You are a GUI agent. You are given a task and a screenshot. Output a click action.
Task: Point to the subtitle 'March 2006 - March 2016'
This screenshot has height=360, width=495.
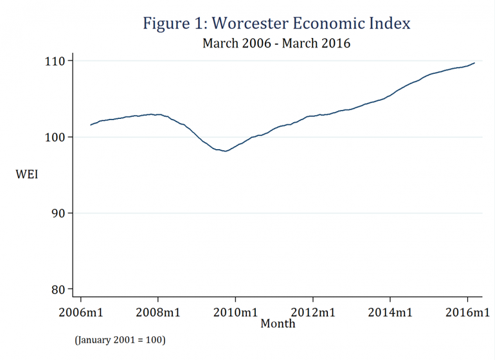pyautogui.click(x=276, y=44)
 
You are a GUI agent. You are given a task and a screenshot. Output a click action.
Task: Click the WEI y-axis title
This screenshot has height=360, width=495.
pyautogui.click(x=28, y=174)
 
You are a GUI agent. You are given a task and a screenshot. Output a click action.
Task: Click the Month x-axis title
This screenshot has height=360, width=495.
pyautogui.click(x=278, y=323)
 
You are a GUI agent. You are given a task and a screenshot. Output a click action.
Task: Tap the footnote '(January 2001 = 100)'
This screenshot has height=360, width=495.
pyautogui.click(x=120, y=339)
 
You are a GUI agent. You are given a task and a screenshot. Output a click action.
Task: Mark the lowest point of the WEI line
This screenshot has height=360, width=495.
pyautogui.click(x=226, y=151)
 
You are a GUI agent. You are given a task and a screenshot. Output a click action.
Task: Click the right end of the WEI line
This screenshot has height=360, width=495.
pyautogui.click(x=474, y=62)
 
